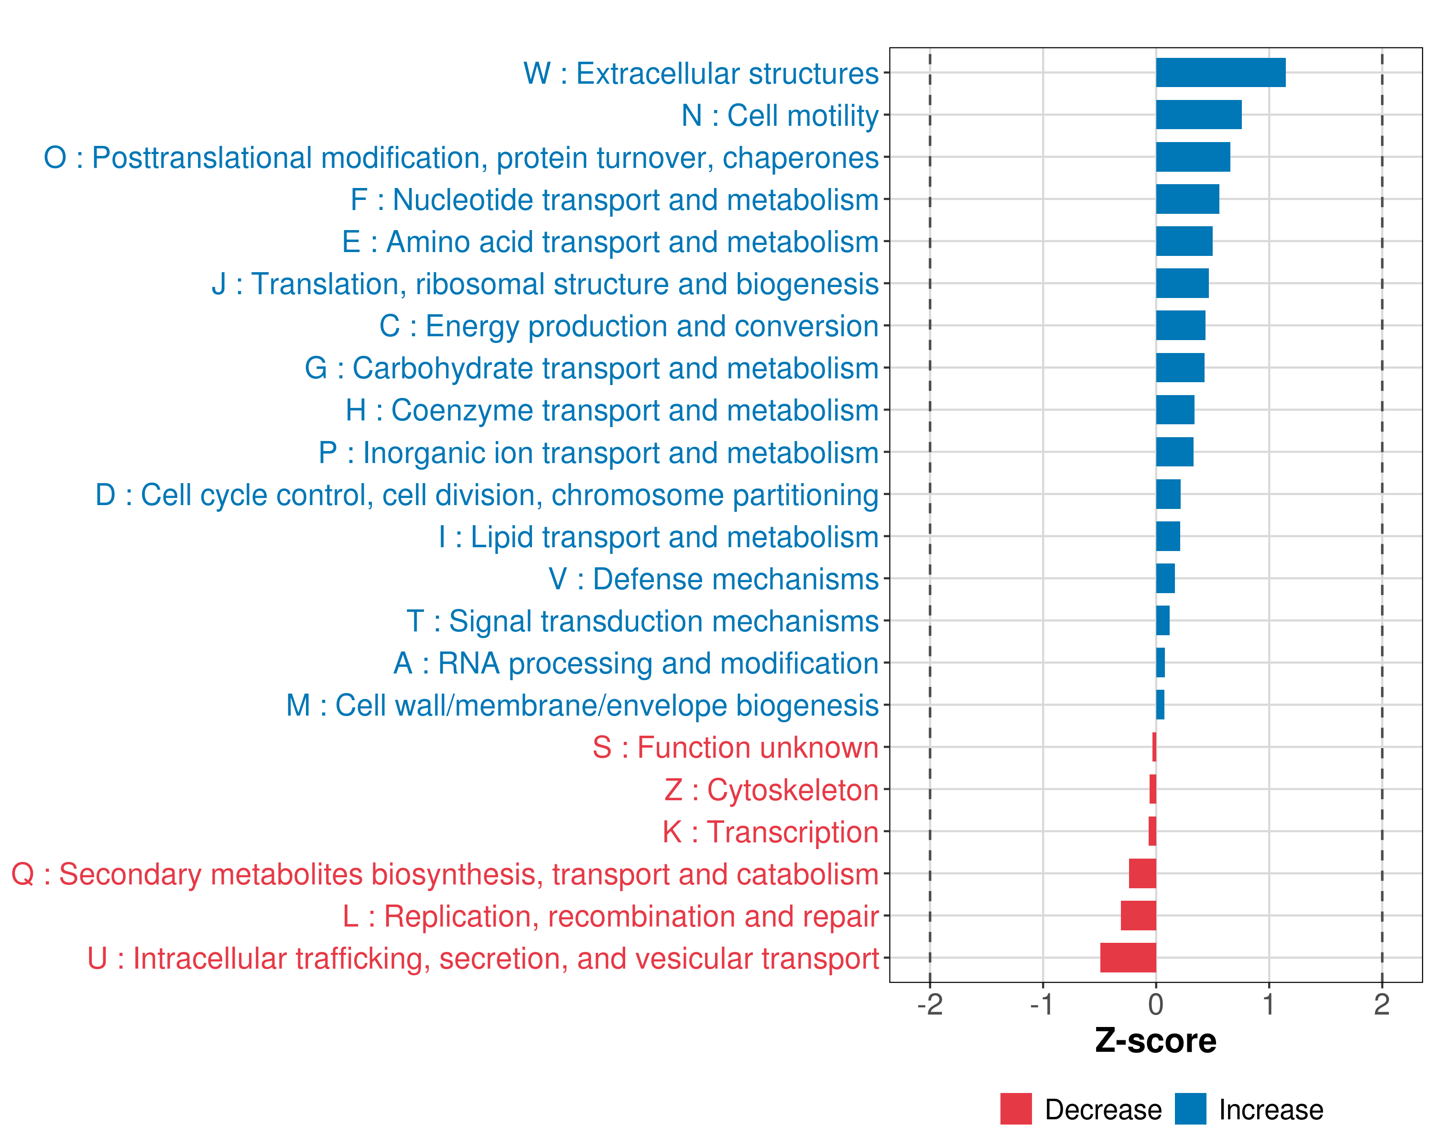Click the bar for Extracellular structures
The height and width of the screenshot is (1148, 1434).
1220,73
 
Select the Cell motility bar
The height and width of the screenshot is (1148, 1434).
1198,114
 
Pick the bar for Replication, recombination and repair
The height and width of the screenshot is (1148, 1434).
1138,915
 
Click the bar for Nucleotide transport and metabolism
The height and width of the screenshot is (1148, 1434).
1187,199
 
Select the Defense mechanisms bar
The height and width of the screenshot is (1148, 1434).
1165,578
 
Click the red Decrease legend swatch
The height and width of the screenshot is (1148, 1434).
1016,1109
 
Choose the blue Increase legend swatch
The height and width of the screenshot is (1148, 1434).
1190,1109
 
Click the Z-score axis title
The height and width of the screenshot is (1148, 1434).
1155,1041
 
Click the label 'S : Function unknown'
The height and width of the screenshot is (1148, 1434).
735,747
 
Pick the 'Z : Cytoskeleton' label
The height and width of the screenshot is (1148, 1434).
771,790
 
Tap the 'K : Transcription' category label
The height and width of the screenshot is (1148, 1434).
770,832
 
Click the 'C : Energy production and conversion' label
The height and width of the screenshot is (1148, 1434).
629,326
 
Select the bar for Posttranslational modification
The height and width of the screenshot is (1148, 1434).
1193,157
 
